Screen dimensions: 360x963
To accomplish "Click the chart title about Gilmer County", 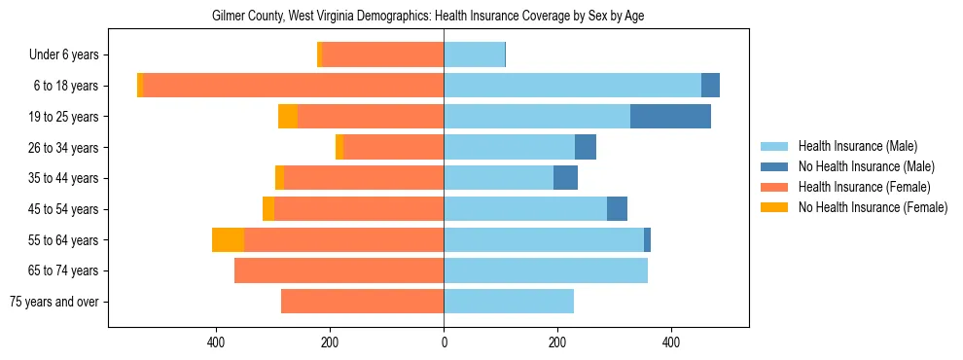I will click(428, 17).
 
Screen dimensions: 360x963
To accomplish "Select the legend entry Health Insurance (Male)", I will click(857, 146).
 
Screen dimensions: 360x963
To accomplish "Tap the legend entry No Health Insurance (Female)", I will click(872, 207).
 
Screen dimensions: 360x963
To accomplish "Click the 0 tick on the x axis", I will click(444, 342).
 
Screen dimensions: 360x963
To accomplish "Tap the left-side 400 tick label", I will click(216, 342).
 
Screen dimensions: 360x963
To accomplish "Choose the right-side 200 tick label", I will click(557, 342).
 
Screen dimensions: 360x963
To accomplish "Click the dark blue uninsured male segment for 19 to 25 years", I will click(670, 117).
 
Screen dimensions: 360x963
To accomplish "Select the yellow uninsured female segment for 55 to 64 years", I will click(228, 240).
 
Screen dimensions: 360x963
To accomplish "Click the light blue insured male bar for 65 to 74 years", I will click(545, 270).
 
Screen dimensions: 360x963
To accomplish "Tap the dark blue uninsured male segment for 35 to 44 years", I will click(565, 178).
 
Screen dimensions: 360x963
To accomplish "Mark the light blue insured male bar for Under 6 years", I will click(474, 55).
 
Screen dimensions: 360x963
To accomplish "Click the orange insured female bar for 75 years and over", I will click(362, 302).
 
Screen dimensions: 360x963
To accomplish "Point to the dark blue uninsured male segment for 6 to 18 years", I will click(710, 86).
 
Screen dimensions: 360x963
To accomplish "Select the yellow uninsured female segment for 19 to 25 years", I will click(288, 117).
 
